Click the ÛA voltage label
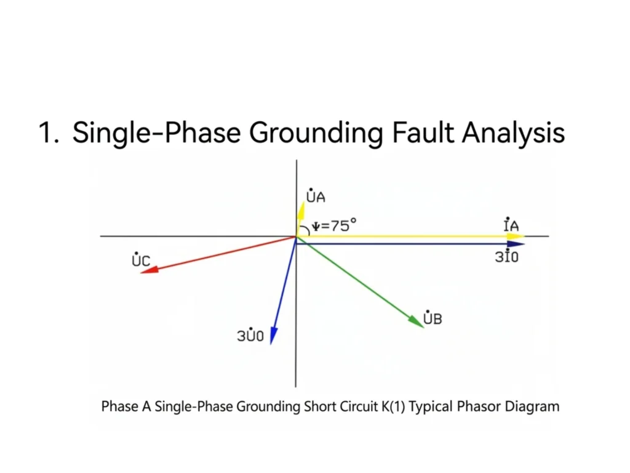316,195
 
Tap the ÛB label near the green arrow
433,318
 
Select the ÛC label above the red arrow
141,259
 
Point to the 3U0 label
250,334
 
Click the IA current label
511,224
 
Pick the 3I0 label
507,256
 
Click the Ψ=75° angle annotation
334,225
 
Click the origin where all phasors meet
296,237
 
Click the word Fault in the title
425,132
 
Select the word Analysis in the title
514,133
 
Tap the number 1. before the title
49,133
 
